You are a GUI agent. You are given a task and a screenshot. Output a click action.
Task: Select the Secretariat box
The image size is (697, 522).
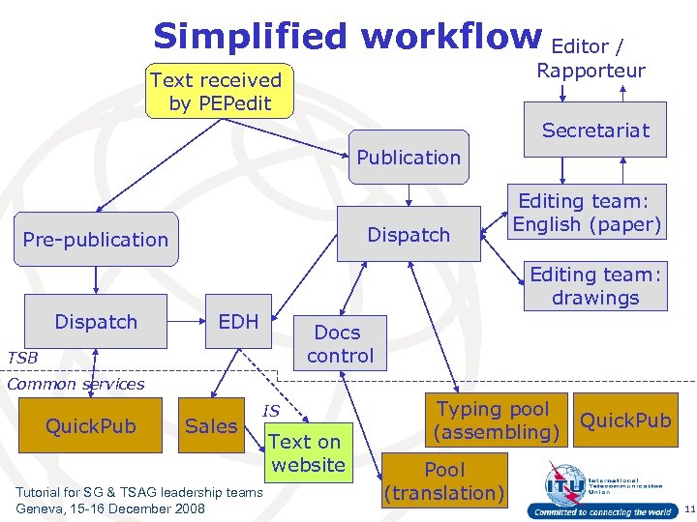point(595,130)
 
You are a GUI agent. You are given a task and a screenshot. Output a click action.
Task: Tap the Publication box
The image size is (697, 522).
point(409,157)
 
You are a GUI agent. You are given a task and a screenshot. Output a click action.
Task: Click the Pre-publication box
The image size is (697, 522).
point(96,239)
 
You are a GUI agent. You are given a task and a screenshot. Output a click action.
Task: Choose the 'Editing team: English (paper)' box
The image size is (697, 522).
point(588,213)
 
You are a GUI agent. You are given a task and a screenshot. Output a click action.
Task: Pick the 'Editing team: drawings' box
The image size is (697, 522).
point(595,286)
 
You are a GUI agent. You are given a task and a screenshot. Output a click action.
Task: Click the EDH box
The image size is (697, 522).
point(239,321)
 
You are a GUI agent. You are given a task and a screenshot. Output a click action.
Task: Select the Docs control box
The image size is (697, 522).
point(340,344)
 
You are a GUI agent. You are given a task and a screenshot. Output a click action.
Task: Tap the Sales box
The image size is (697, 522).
point(211,425)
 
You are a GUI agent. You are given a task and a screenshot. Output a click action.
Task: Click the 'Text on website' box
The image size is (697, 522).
point(306,452)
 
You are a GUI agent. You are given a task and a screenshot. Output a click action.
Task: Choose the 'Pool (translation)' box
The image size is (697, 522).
point(445,480)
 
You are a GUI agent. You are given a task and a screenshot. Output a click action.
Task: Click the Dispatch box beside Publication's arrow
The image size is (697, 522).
point(409,234)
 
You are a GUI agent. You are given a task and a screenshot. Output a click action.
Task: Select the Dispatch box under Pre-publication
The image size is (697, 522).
point(96,321)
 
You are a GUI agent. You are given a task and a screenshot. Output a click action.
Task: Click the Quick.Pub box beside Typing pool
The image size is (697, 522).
point(625,420)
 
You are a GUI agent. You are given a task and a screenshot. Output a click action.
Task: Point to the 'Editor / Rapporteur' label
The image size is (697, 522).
point(591,58)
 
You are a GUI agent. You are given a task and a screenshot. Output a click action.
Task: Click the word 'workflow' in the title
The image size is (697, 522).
point(451,36)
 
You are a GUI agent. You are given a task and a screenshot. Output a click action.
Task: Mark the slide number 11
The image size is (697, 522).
point(686,508)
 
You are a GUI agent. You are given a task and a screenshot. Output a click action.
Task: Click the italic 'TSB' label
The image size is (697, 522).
point(22,358)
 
